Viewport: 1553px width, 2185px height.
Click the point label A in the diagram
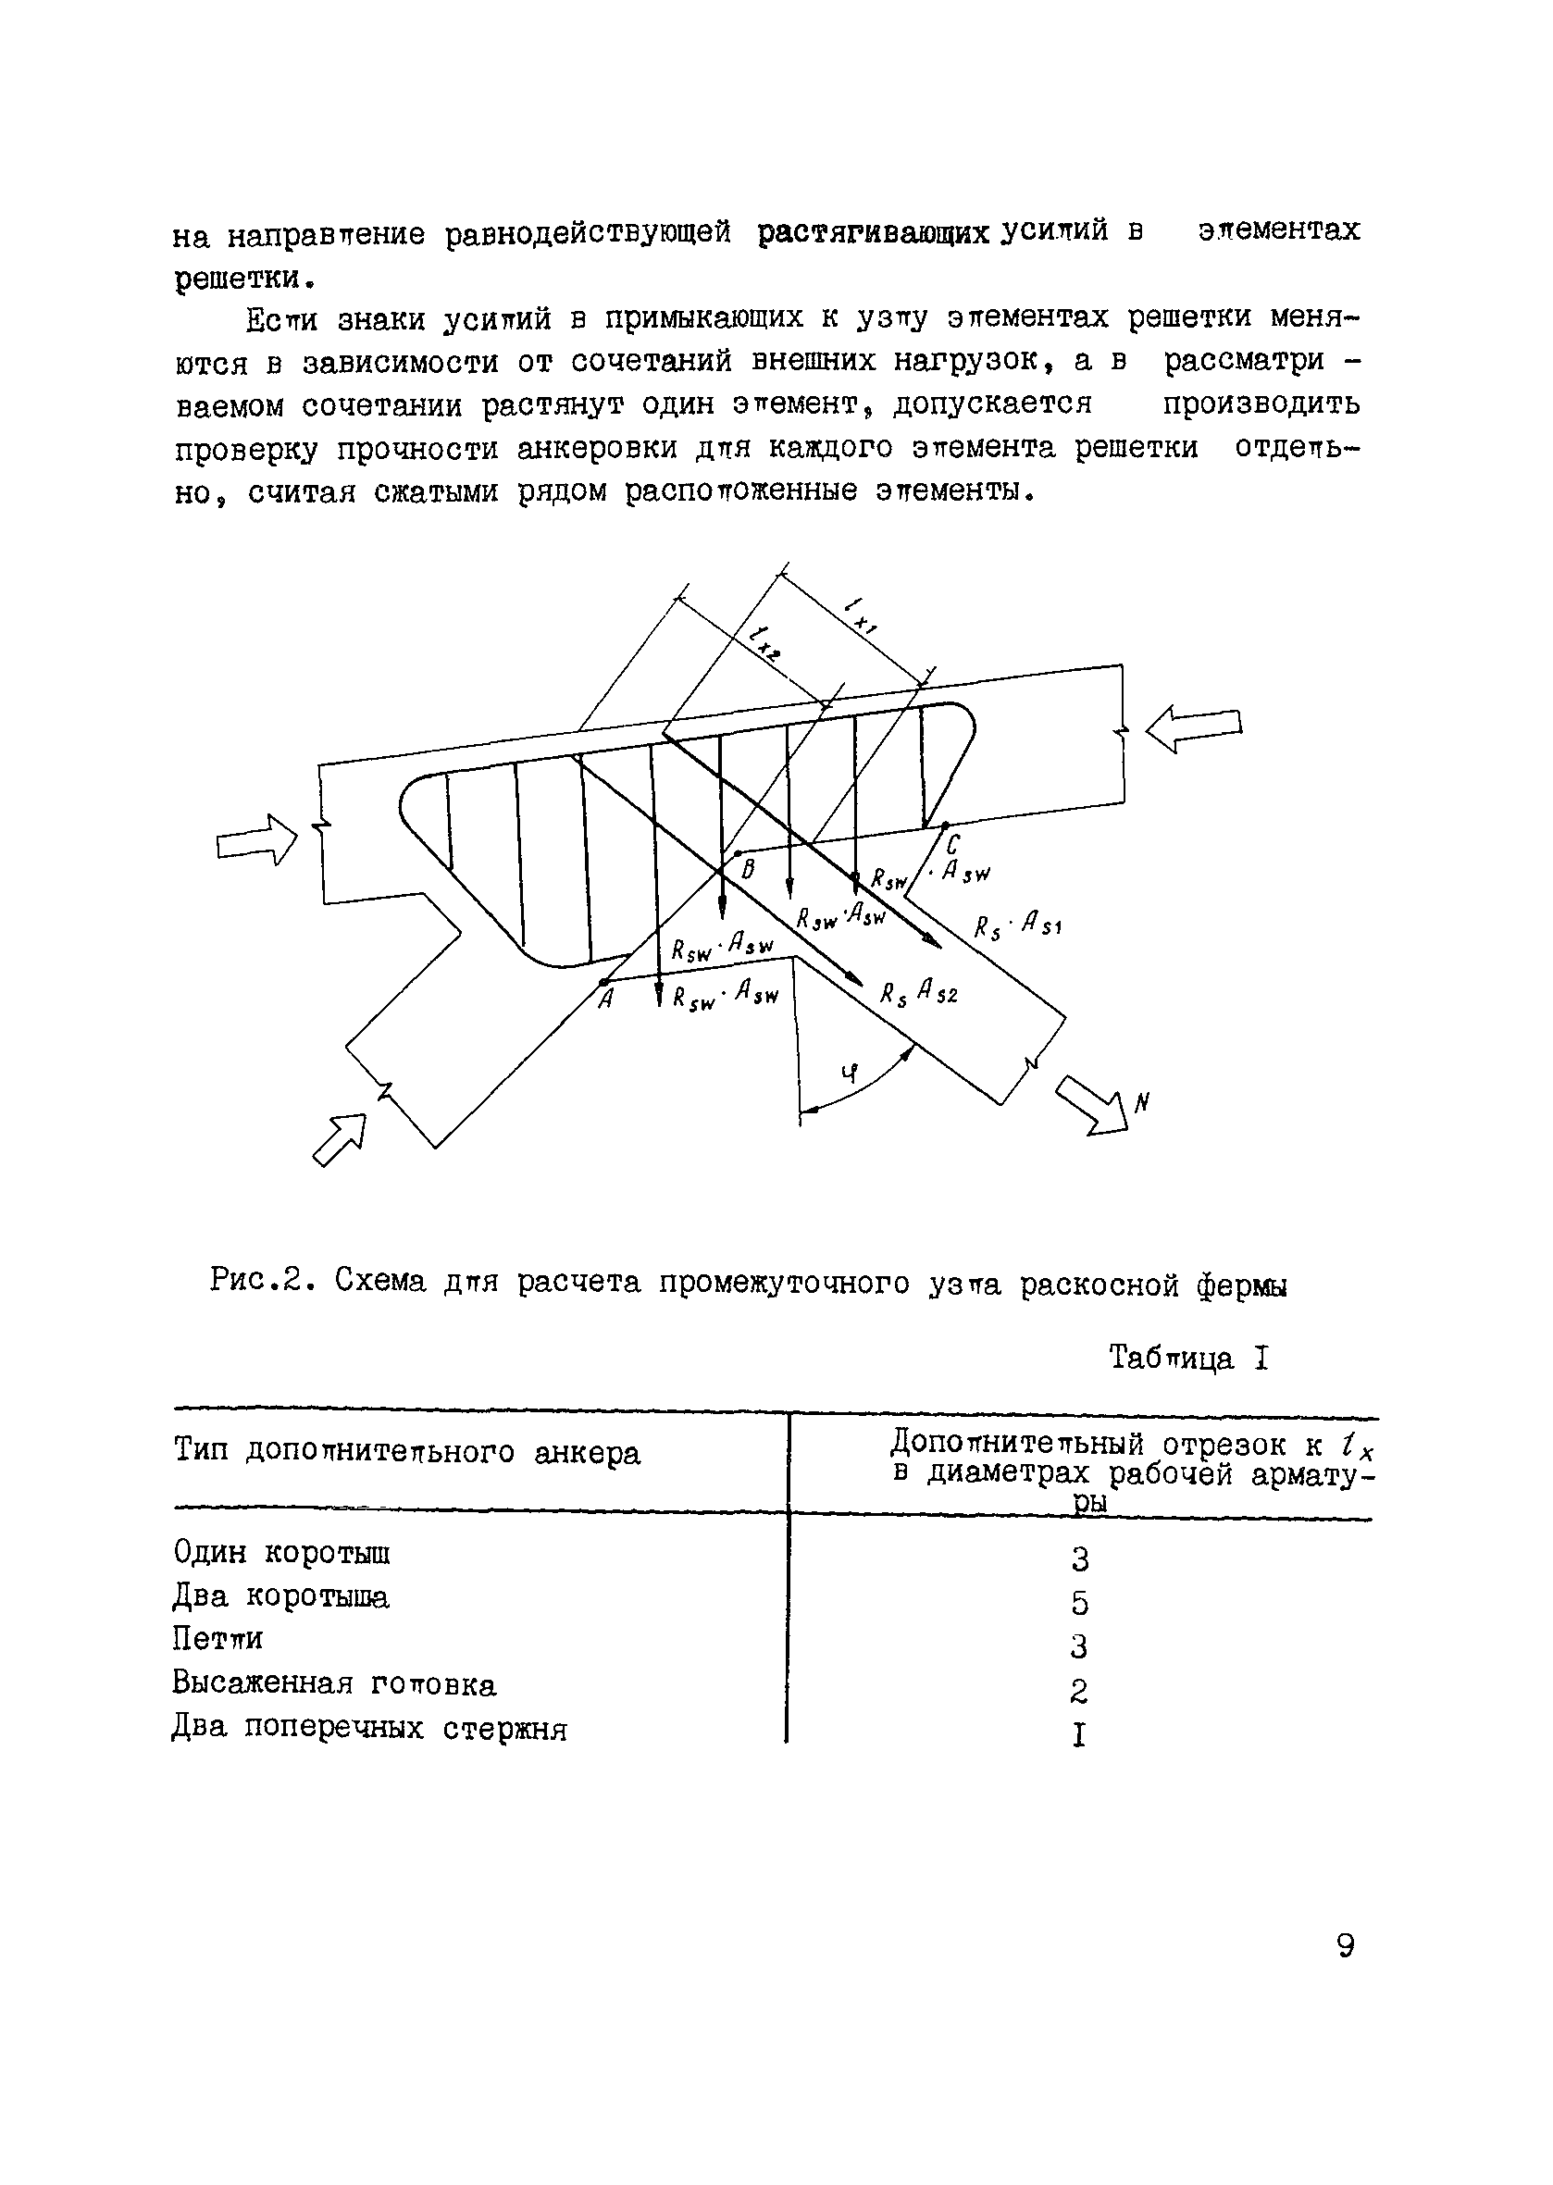click(x=604, y=1000)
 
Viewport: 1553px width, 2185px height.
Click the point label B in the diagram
click(x=749, y=868)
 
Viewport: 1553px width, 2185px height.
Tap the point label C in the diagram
click(x=952, y=843)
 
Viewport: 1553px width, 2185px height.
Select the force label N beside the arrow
click(x=1141, y=1103)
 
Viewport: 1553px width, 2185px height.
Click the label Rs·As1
click(x=1017, y=925)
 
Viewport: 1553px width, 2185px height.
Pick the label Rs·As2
click(x=918, y=994)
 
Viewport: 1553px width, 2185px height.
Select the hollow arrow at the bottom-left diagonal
click(x=341, y=1139)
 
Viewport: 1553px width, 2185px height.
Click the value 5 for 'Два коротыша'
click(x=1080, y=1603)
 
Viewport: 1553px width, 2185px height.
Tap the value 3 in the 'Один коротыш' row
click(x=1080, y=1559)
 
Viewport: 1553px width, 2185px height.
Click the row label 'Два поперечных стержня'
click(x=369, y=1729)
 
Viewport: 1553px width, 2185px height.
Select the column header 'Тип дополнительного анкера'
click(x=406, y=1453)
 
